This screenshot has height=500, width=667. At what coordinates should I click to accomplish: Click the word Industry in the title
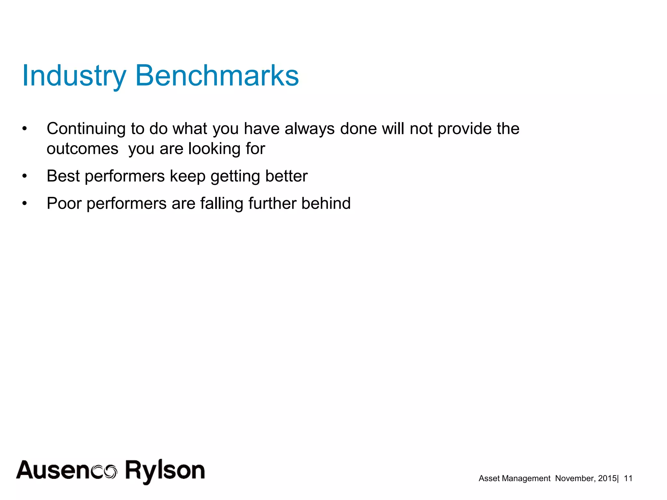(x=74, y=76)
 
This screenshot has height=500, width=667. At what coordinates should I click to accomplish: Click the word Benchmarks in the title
(x=217, y=76)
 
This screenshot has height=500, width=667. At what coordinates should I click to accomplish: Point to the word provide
(x=464, y=129)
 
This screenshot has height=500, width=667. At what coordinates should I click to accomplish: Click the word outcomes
(x=82, y=149)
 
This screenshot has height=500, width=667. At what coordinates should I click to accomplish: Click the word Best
(x=63, y=176)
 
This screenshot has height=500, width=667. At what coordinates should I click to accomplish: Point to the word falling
(x=222, y=203)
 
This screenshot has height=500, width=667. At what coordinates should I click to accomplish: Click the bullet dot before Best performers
(x=24, y=176)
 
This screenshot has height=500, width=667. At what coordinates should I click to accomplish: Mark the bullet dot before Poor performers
(x=24, y=204)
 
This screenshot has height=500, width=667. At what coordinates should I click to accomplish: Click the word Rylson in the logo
(x=165, y=471)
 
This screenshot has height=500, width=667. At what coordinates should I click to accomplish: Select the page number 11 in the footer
(x=628, y=478)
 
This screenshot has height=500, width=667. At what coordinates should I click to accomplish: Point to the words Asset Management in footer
(x=514, y=478)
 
